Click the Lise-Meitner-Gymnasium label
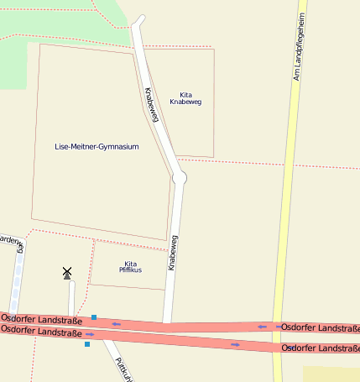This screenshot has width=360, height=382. point(97,146)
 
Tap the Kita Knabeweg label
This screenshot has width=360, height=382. point(185,98)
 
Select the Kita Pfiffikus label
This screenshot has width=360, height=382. point(130,267)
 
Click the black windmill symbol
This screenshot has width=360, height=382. point(67,272)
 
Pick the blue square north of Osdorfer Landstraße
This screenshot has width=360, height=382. point(94,317)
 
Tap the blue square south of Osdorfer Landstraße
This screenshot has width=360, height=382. point(86,343)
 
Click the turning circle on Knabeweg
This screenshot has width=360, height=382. point(179,178)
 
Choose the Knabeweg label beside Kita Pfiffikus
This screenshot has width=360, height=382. point(173,252)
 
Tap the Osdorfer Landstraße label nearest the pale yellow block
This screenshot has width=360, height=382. point(321,348)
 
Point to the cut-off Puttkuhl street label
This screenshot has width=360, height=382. point(123,368)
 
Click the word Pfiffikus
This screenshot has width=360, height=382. point(130,270)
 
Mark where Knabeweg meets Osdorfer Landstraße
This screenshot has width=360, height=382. point(166,322)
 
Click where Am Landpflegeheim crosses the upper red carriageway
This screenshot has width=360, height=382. point(277,327)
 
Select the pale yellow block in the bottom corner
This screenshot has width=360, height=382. point(331,374)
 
